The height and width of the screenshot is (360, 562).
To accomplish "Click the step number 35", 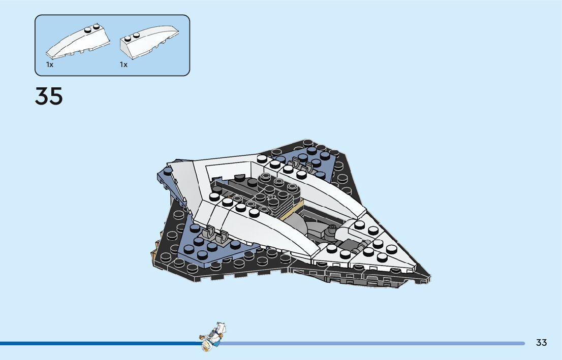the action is [x=49, y=96].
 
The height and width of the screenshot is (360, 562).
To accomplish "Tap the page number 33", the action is [x=541, y=343].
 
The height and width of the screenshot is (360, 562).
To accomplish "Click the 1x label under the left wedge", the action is [x=49, y=65].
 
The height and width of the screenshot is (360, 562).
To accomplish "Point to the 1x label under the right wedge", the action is [x=123, y=65].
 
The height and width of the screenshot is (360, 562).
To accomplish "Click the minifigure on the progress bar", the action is [x=213, y=336].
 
